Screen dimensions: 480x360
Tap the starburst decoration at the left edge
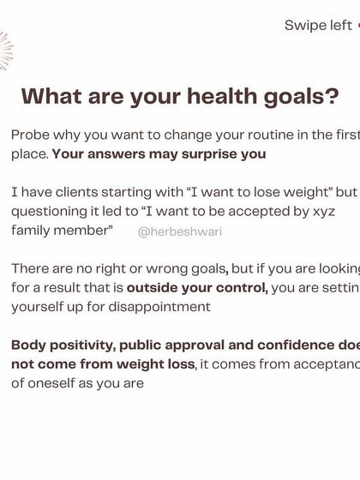pyautogui.click(x=4, y=51)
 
